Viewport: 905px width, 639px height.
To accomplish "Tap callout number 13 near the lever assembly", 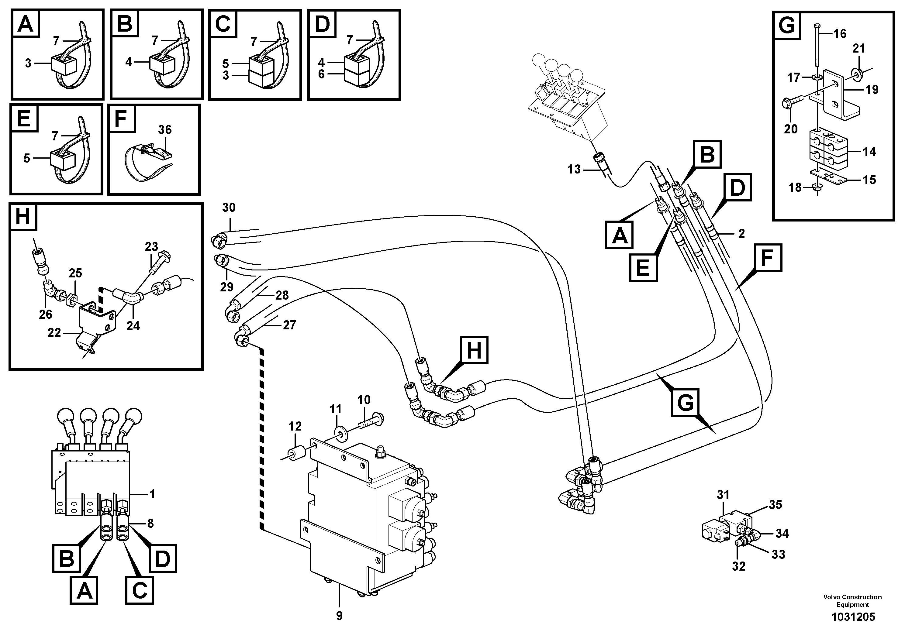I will [x=574, y=170].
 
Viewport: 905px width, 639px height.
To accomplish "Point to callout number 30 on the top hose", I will [x=229, y=208].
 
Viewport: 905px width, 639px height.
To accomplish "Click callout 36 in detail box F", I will [x=165, y=130].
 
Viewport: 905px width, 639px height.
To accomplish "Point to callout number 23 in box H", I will [x=151, y=247].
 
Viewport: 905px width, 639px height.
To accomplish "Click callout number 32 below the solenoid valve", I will [x=739, y=566].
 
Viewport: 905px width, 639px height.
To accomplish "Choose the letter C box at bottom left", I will [x=140, y=590].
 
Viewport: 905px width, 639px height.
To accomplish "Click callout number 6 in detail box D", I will [x=321, y=74].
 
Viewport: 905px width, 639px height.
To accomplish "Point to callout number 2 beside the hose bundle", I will [x=741, y=234].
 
